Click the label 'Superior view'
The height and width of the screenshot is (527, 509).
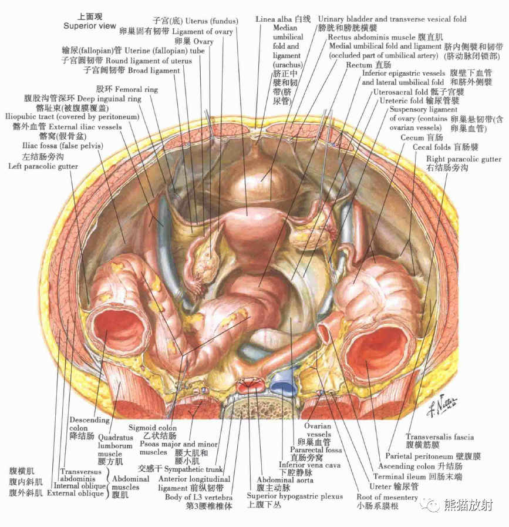[x=90, y=26]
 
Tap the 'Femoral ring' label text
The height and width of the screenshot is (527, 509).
[x=136, y=89]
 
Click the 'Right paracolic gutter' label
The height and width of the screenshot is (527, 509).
[x=464, y=159]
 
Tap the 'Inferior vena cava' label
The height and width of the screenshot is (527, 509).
[x=309, y=465]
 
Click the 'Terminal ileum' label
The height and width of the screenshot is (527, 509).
[x=411, y=476]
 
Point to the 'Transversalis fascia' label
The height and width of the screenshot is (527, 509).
[x=440, y=437]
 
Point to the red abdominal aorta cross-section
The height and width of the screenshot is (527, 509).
[x=251, y=386]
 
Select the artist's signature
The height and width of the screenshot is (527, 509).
[x=444, y=406]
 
